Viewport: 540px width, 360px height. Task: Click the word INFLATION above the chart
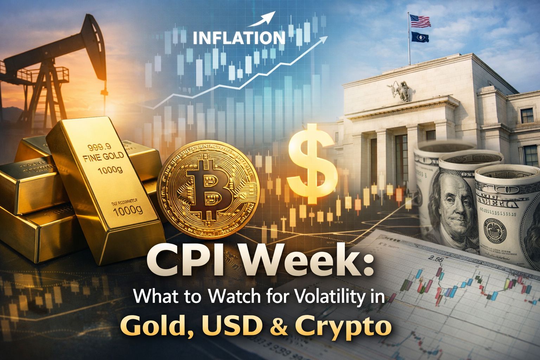[239, 37]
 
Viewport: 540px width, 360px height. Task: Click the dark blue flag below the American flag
[420, 37]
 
